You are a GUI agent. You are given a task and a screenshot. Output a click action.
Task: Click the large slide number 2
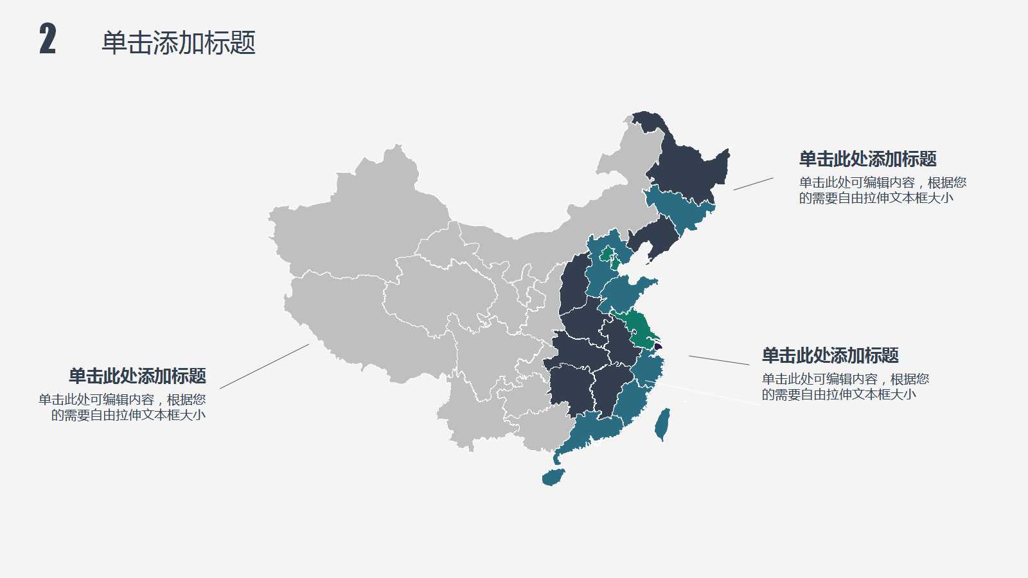(48, 39)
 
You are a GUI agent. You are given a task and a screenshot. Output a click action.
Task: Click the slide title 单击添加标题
(179, 43)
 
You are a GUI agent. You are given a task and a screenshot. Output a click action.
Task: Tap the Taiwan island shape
(662, 425)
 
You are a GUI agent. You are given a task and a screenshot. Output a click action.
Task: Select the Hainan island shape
(553, 477)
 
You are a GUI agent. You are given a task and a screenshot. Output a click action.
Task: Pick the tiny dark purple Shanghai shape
(657, 346)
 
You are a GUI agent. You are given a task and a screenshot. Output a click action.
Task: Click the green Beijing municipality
(607, 253)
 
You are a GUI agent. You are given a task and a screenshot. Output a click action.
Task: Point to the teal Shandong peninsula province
(626, 292)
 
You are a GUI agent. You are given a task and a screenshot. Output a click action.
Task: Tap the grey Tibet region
(347, 321)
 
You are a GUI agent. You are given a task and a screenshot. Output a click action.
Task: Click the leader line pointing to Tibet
(264, 366)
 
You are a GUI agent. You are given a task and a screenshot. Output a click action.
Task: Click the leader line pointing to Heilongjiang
(753, 184)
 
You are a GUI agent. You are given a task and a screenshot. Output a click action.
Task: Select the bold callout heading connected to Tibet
(137, 376)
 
